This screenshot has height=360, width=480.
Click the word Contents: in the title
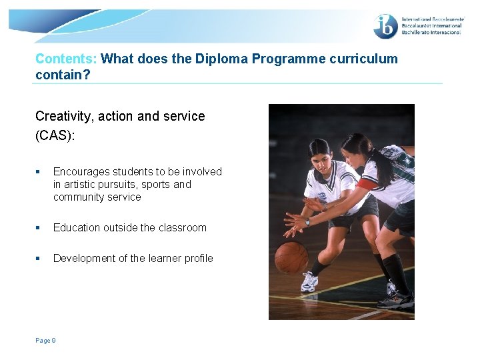67,59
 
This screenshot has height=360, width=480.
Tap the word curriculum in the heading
363,59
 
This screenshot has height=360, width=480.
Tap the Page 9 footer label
45,341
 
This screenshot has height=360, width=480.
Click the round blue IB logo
385,27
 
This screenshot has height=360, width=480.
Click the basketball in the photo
291,257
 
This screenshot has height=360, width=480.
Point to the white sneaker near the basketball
309,282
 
